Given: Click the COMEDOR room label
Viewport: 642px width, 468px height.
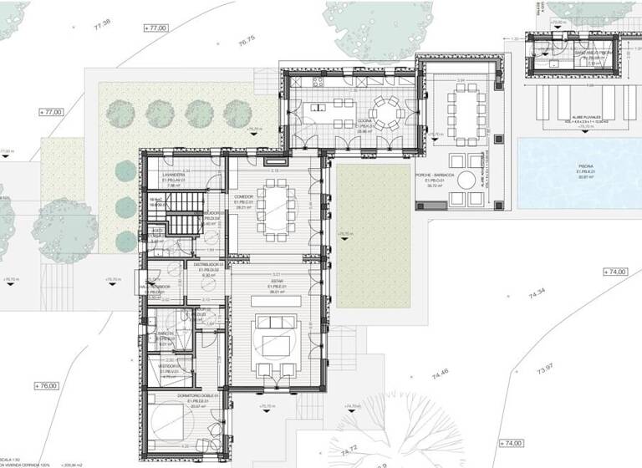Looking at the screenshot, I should pyautogui.click(x=244, y=198).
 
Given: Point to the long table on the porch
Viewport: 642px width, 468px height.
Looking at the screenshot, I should pyautogui.click(x=466, y=104).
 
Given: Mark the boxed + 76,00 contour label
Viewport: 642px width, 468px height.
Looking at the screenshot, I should pyautogui.click(x=47, y=385).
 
